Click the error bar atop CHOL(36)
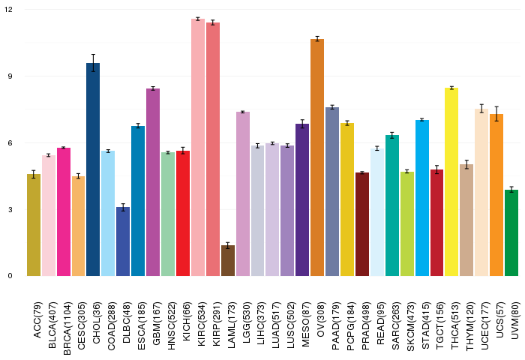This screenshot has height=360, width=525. [94, 64]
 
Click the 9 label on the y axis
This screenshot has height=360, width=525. [10, 76]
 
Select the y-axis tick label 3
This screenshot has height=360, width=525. [10, 209]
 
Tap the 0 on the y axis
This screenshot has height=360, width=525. [10, 276]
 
